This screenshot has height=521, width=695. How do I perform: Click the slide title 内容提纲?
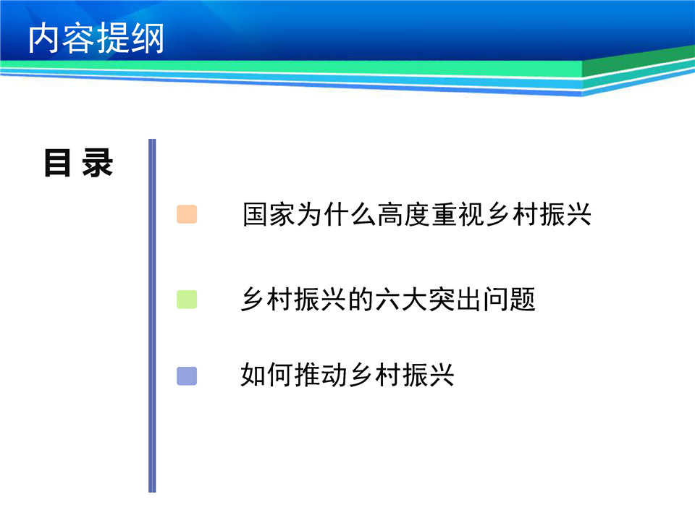[96, 38]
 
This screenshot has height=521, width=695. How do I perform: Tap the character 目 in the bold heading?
[57, 163]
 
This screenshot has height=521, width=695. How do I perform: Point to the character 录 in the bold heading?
[97, 163]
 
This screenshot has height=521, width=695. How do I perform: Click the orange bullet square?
[187, 214]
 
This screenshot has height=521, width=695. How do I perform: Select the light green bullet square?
[187, 300]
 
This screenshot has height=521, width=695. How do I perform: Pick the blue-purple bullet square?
[187, 376]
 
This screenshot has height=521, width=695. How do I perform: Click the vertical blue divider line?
[152, 315]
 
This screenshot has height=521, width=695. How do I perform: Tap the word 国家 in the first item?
[269, 214]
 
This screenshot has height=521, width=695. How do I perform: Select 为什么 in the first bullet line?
[337, 214]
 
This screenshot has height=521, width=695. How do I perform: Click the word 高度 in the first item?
[404, 214]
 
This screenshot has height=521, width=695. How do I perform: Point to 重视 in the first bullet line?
[458, 214]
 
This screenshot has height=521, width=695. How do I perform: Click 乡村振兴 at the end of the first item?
[539, 214]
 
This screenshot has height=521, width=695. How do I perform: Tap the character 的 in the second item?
[361, 300]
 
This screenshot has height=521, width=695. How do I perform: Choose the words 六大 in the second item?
[401, 300]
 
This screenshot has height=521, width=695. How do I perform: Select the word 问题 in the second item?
[509, 300]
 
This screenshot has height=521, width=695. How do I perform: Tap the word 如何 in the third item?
[267, 376]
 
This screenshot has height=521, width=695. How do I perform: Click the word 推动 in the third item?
[321, 376]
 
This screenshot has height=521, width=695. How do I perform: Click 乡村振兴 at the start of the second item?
[294, 300]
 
